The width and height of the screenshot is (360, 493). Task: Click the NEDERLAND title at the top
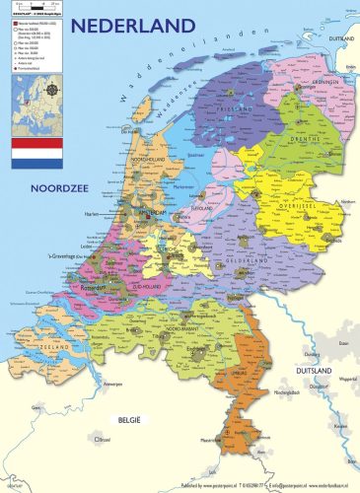coord(139,25)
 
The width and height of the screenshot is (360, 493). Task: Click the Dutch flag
coord(36,151)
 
